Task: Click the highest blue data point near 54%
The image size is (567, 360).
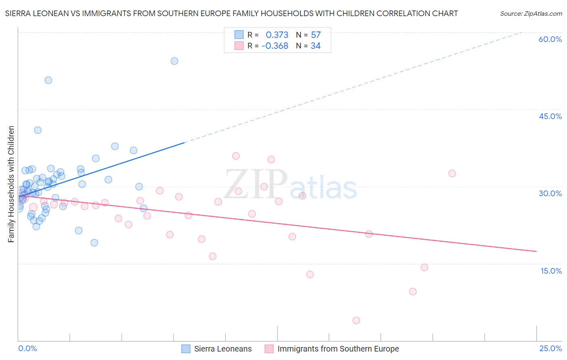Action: click(x=174, y=61)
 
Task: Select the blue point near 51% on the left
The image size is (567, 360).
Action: click(x=48, y=80)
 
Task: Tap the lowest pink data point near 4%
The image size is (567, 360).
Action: click(x=356, y=320)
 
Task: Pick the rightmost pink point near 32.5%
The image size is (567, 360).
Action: click(x=452, y=174)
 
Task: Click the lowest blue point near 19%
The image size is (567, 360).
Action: click(x=94, y=243)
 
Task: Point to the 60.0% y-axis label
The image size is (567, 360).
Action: click(x=550, y=39)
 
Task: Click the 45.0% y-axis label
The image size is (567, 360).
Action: click(x=550, y=116)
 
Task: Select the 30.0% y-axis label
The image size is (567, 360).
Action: click(x=550, y=193)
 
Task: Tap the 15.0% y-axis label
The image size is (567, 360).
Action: click(x=551, y=271)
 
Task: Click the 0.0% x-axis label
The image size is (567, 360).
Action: click(x=27, y=349)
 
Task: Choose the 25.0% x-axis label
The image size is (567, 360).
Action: click(x=550, y=349)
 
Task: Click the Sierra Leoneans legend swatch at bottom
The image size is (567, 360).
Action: click(x=186, y=349)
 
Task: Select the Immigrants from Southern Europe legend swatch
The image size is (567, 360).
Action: click(x=269, y=349)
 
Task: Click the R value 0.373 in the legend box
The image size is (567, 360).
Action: click(x=277, y=35)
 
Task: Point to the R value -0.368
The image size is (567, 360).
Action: click(x=275, y=46)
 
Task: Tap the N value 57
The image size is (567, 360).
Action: click(x=316, y=35)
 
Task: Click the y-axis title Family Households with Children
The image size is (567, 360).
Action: click(x=11, y=184)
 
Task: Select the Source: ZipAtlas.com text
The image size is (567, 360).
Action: click(x=531, y=14)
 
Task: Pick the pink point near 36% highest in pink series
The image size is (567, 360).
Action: click(x=236, y=156)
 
